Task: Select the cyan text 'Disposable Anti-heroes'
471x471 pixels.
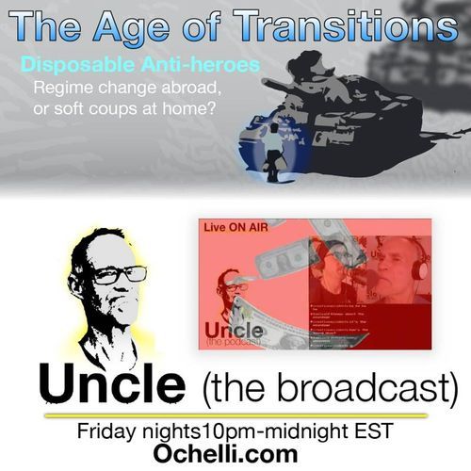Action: [x=138, y=67]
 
